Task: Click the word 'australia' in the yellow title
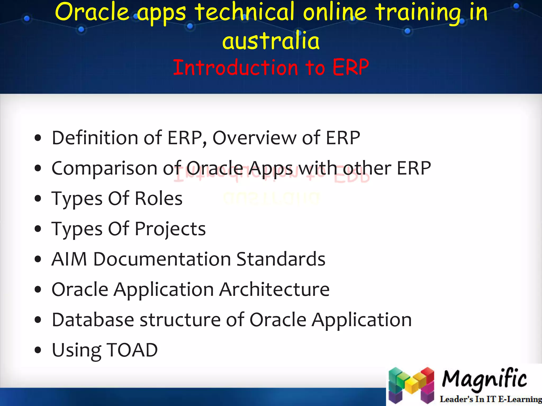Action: pyautogui.click(x=271, y=41)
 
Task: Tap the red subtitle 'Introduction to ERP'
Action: pyautogui.click(x=271, y=67)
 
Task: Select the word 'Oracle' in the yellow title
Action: pyautogui.click(x=91, y=12)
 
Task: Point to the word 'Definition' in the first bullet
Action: pyautogui.click(x=95, y=138)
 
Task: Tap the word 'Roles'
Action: pyautogui.click(x=159, y=199)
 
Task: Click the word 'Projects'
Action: pyautogui.click(x=170, y=229)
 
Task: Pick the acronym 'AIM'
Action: pyautogui.click(x=69, y=259)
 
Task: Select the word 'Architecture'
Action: pyautogui.click(x=274, y=289)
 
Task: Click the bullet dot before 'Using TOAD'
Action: pyautogui.click(x=38, y=350)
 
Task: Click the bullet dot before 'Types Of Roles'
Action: pyautogui.click(x=38, y=199)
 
